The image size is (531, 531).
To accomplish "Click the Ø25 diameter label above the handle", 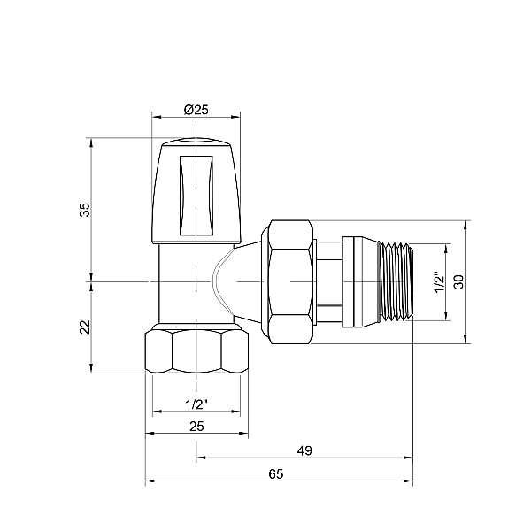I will click(196, 109).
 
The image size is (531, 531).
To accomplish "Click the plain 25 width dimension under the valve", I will click(196, 427).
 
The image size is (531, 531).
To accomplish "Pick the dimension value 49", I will click(304, 450).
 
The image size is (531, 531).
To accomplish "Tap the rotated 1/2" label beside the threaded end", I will click(436, 282).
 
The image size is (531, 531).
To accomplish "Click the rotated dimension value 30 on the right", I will click(458, 281).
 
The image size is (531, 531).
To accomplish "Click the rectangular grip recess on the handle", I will click(196, 196).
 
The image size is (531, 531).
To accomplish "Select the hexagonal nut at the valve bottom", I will click(196, 351).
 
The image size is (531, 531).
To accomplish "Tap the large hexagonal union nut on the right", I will click(290, 281).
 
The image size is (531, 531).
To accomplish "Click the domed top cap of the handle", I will click(196, 145).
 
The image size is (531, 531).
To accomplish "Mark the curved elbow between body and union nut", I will click(232, 281).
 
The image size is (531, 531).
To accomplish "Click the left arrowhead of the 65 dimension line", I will click(150, 482).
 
